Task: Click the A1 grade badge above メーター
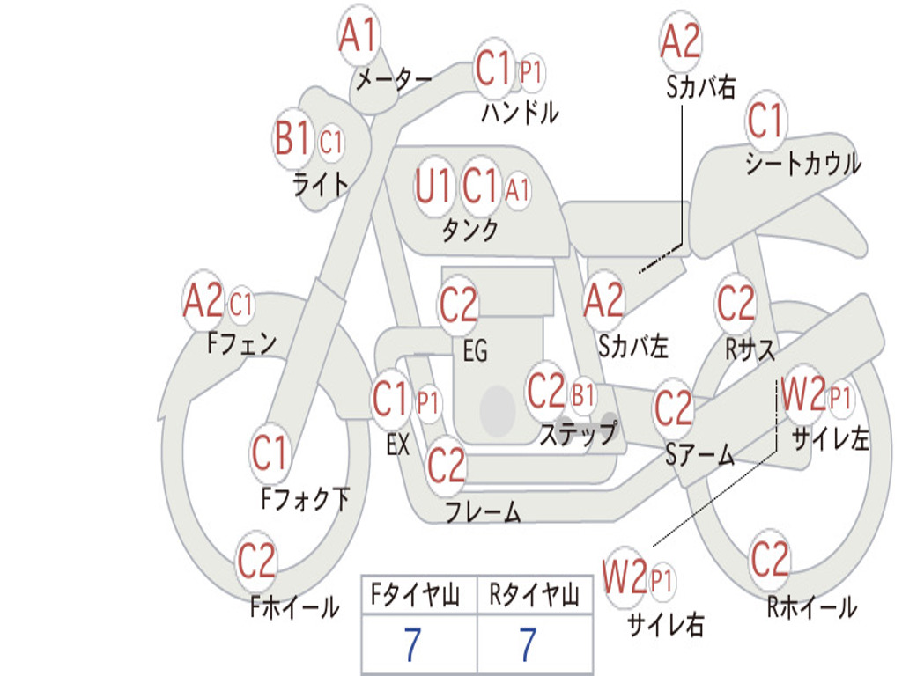click(359, 37)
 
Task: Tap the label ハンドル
click(520, 112)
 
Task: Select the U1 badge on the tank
click(433, 186)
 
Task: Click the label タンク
click(469, 231)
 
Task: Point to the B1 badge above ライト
click(293, 139)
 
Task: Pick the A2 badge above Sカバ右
click(680, 40)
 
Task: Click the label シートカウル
click(802, 165)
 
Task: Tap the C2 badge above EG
click(458, 305)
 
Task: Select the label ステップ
click(578, 434)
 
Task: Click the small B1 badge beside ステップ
click(583, 395)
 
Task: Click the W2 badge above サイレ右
click(625, 577)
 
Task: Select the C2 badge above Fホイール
click(256, 562)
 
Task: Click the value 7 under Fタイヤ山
click(413, 645)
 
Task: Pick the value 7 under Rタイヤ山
click(528, 645)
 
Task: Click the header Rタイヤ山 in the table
click(534, 597)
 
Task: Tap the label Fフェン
click(241, 343)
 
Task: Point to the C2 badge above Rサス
click(736, 304)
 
